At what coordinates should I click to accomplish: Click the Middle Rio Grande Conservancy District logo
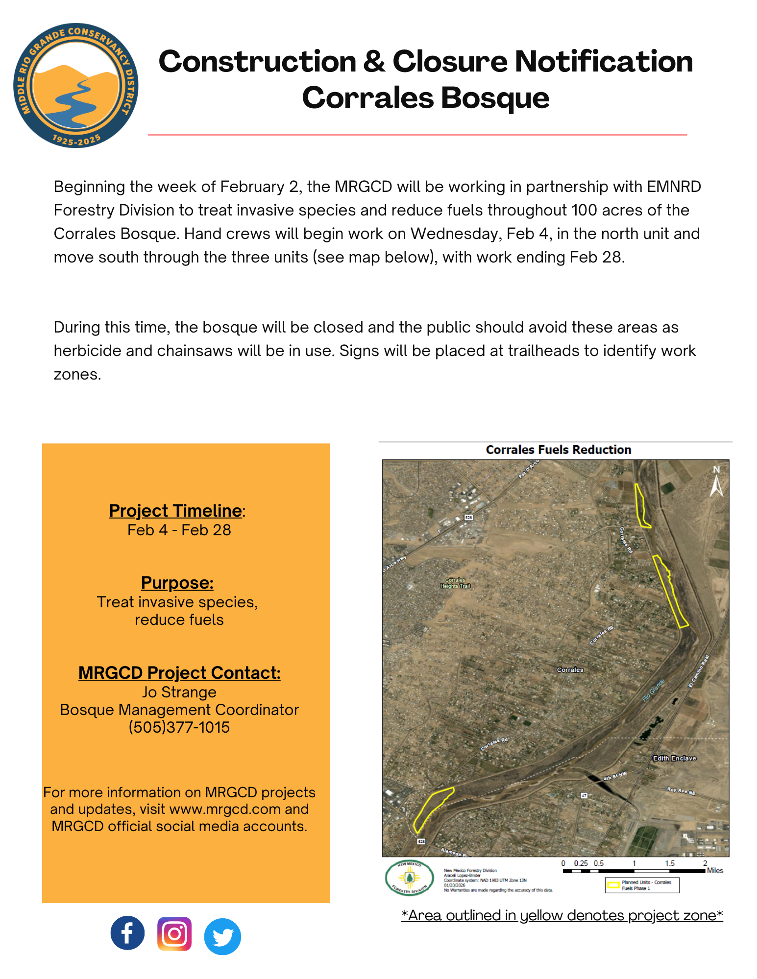75,85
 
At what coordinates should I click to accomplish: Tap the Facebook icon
127,933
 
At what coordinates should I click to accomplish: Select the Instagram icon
174,934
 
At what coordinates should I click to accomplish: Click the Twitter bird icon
222,936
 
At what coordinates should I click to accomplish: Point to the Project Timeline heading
175,511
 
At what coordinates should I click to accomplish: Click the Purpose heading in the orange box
177,583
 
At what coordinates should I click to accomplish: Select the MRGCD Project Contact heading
179,673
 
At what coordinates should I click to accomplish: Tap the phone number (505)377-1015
179,727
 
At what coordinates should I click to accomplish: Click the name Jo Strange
179,692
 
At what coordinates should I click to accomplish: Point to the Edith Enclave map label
674,758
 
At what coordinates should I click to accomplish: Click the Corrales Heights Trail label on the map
455,583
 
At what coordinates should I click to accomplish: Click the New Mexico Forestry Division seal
409,878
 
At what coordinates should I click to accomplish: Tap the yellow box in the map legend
613,885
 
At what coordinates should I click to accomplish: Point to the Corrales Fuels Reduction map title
558,450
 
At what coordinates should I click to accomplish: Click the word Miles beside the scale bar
715,870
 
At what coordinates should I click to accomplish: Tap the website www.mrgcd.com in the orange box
225,809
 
